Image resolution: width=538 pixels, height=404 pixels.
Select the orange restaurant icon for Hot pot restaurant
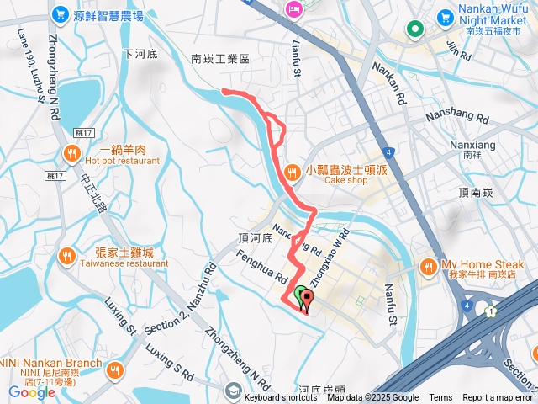tap(71, 154)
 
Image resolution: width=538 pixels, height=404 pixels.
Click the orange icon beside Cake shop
tap(292, 173)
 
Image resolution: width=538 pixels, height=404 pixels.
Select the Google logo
tap(31, 392)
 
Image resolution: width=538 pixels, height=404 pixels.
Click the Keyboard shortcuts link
tap(281, 398)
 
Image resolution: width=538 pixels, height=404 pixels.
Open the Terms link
tap(440, 398)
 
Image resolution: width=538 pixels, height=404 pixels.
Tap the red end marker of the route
tap(306, 299)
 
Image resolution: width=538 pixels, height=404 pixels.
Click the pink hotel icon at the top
tap(294, 10)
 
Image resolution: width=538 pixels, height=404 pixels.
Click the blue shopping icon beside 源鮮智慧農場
tap(60, 14)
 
